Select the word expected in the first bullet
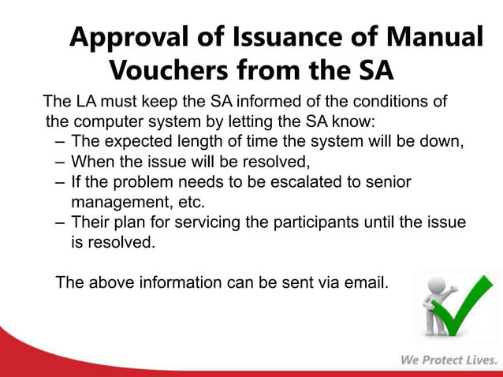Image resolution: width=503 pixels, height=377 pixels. tap(133, 143)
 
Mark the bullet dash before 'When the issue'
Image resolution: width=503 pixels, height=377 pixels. tap(61, 163)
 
